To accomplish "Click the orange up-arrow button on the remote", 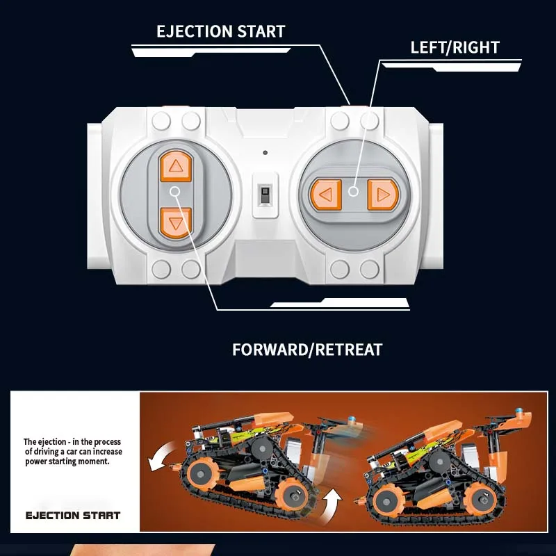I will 175,166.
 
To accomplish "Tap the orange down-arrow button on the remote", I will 175,223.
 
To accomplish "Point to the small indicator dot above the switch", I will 265,152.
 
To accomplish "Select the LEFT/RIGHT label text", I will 455,48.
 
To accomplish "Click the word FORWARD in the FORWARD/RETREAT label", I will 272,350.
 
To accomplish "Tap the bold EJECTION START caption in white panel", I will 73,516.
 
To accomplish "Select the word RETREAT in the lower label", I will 350,350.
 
